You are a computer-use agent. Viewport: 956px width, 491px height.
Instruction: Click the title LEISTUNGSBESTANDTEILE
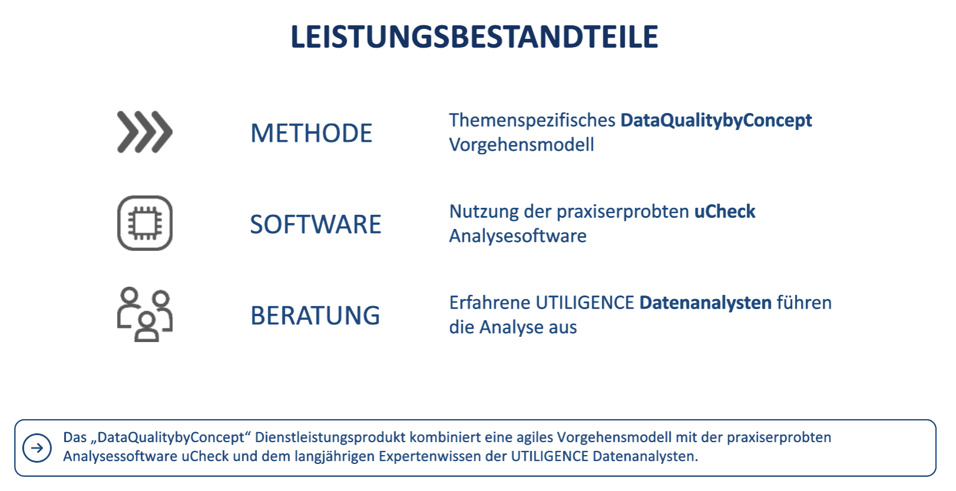[474, 37]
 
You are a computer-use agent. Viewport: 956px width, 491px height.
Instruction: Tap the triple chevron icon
[144, 132]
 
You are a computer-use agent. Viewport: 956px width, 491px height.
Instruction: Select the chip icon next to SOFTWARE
[144, 223]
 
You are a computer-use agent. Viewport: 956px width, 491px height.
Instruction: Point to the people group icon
[144, 314]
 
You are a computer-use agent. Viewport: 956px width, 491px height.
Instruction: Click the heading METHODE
[311, 133]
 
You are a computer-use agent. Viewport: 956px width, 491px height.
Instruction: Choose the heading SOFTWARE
[315, 224]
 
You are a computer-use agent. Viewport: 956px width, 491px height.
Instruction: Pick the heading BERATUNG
[315, 316]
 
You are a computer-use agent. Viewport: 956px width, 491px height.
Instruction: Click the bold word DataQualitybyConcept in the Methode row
[716, 121]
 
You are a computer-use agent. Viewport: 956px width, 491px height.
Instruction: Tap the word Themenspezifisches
[532, 121]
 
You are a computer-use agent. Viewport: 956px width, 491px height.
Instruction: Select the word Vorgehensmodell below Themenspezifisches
[522, 144]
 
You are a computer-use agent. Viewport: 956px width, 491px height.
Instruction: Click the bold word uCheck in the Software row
[725, 211]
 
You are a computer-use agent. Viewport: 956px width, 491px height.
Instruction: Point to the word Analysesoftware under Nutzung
[517, 235]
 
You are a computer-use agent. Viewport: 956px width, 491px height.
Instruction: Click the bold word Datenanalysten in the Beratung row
[705, 303]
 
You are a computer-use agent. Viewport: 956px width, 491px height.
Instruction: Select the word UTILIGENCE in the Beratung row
[585, 303]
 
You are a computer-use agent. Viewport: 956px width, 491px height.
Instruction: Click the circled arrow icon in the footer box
[37, 448]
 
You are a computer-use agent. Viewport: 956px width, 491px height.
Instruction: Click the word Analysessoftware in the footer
[120, 456]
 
